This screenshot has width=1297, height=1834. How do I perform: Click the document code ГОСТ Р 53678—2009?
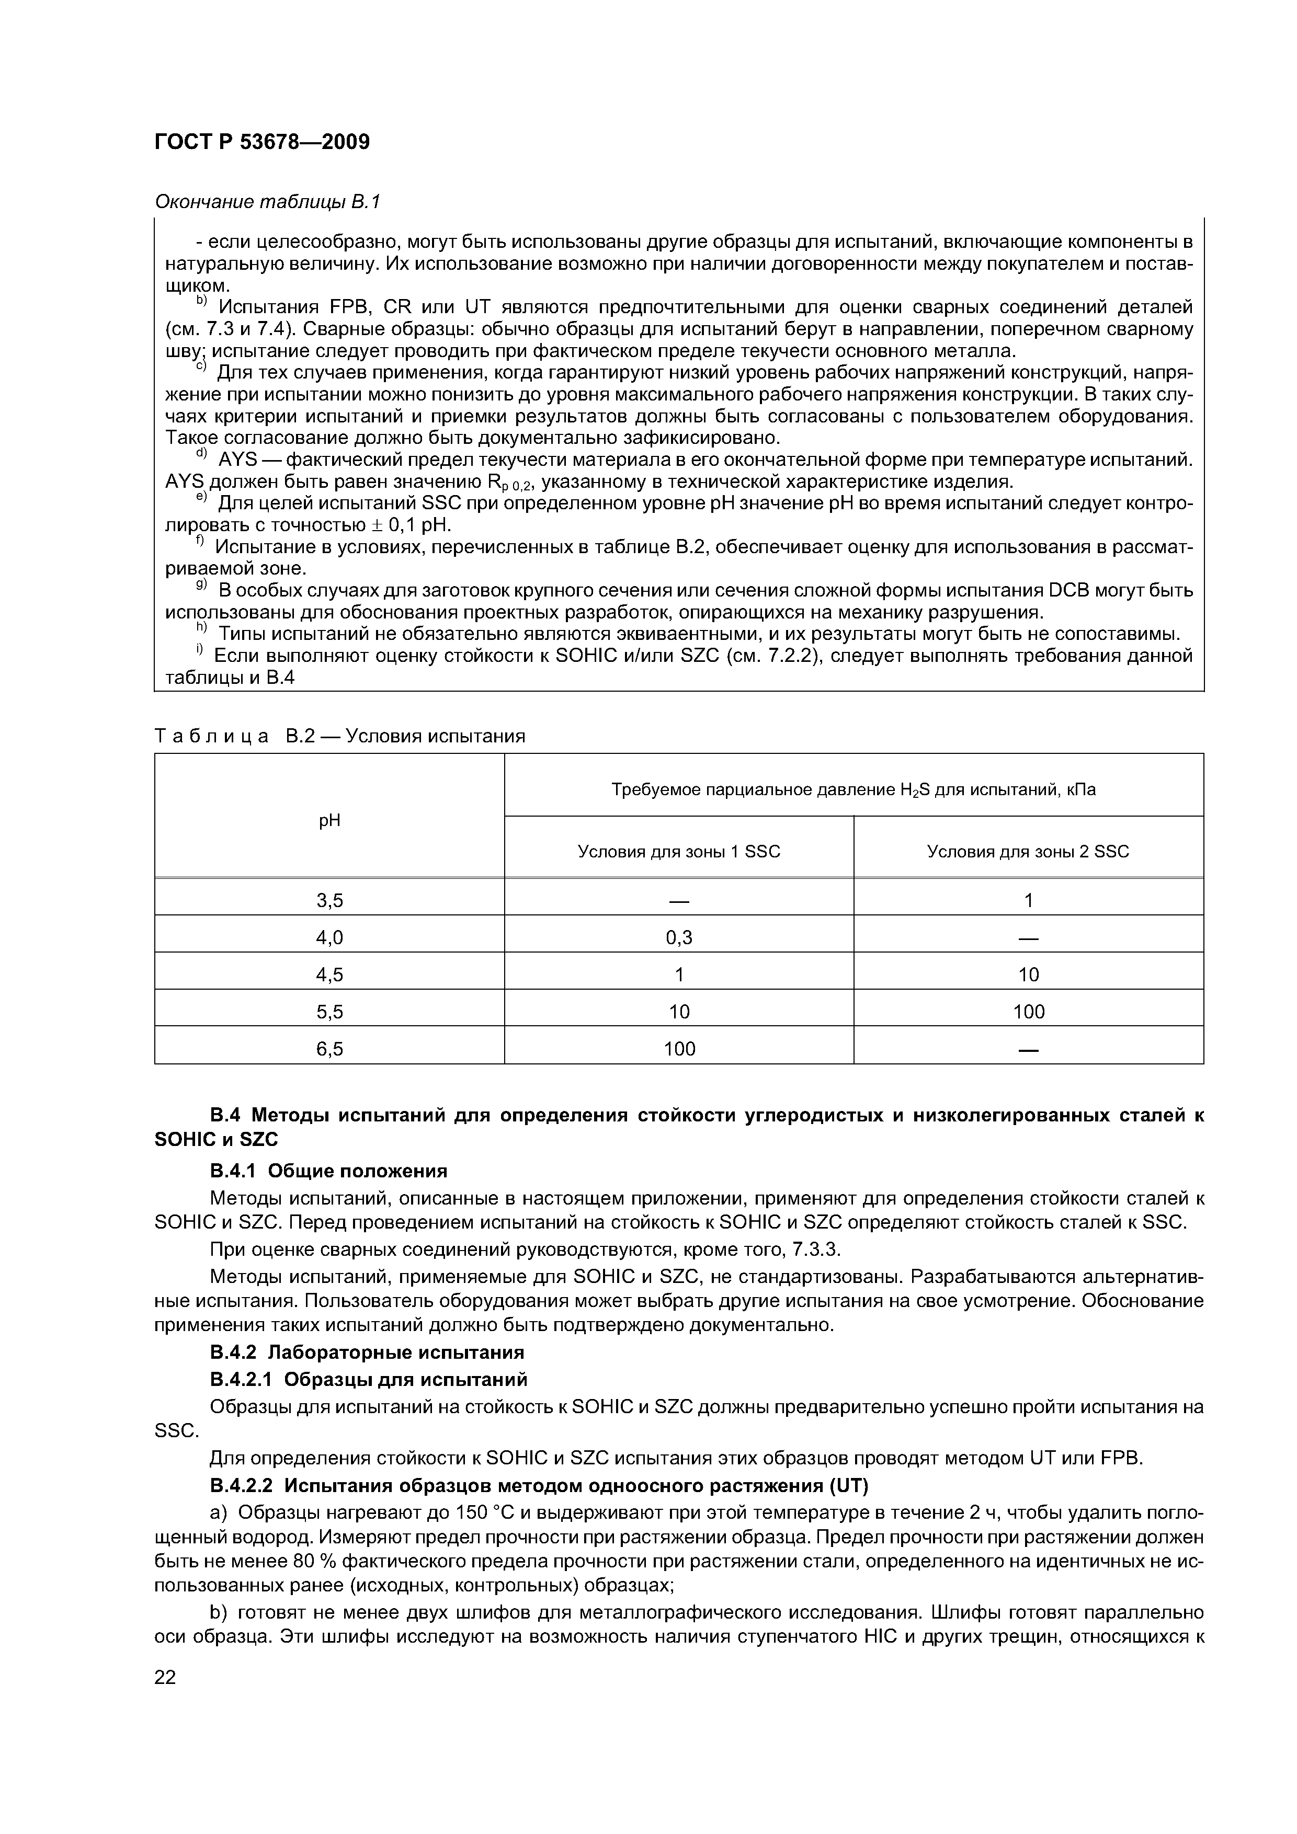pyautogui.click(x=262, y=142)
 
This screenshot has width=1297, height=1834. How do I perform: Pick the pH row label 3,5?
pyautogui.click(x=329, y=900)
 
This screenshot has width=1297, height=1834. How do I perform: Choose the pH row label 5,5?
pyautogui.click(x=329, y=1012)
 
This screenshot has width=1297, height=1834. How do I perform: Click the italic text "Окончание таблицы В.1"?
pyautogui.click(x=268, y=202)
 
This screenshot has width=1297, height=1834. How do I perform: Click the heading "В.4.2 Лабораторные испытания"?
pyautogui.click(x=367, y=1352)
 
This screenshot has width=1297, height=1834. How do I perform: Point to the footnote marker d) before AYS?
pyautogui.click(x=201, y=455)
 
